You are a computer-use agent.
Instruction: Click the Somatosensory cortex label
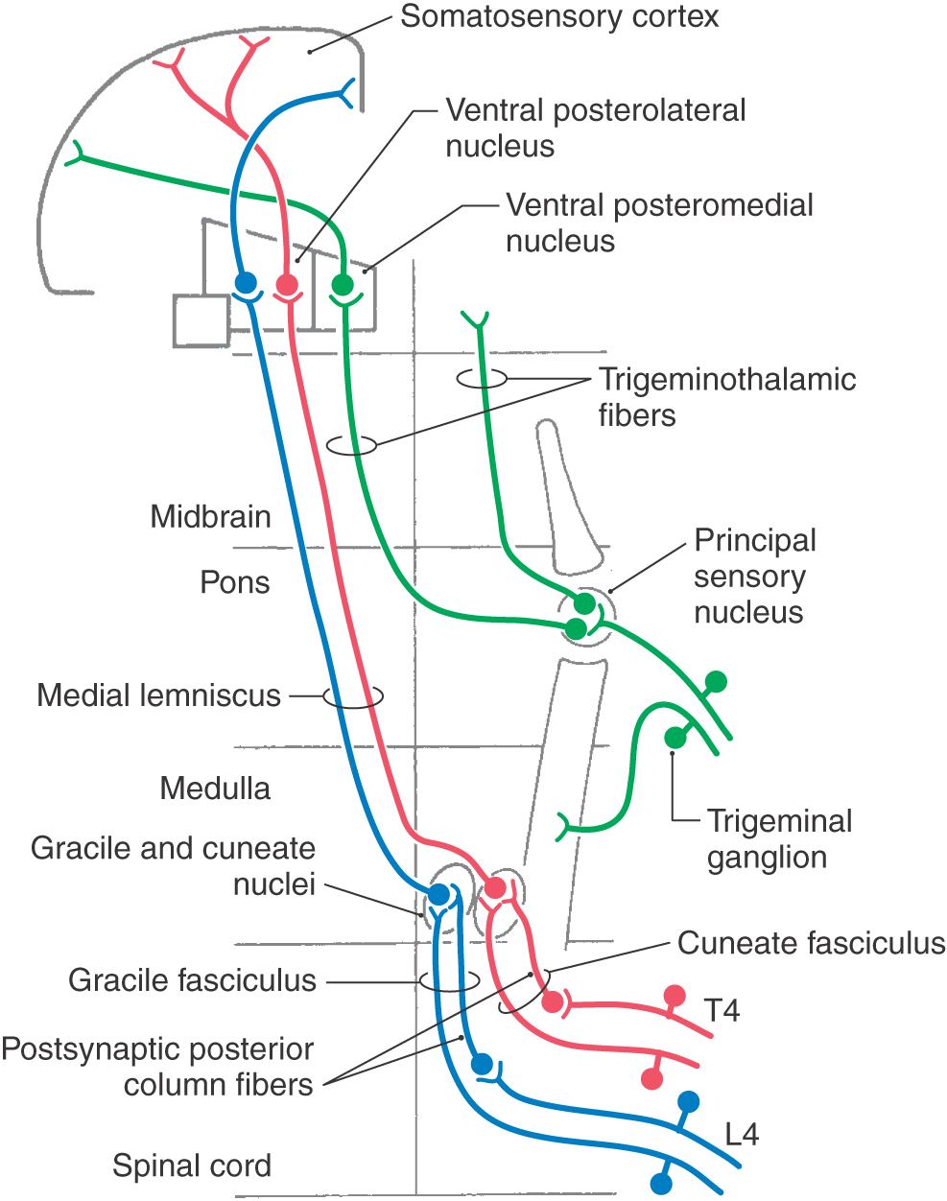coord(559,17)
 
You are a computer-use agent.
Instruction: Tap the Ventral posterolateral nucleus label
coord(595,128)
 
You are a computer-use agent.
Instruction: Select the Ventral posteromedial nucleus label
coord(659,223)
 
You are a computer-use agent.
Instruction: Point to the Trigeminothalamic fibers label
coord(726,397)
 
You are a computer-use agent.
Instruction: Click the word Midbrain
coord(210,517)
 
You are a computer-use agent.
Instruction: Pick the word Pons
coord(234,582)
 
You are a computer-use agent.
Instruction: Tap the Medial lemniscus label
coord(158,695)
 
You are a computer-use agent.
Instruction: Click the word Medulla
coord(215,789)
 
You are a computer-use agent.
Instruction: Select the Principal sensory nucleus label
coord(754,577)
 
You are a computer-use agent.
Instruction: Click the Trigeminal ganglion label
coord(779,839)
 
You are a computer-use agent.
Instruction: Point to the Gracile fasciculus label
coord(192,980)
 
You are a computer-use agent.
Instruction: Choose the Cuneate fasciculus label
coord(811,943)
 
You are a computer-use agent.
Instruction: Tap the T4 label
coord(722,1011)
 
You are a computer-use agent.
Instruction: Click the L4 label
coord(742,1135)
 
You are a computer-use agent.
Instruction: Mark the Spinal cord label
coord(192,1166)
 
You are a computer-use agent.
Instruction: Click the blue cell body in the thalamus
coord(247,283)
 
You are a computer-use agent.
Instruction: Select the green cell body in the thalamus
coord(343,285)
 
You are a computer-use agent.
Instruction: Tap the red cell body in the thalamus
coord(287,285)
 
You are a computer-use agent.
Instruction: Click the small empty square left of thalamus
coord(201,320)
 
